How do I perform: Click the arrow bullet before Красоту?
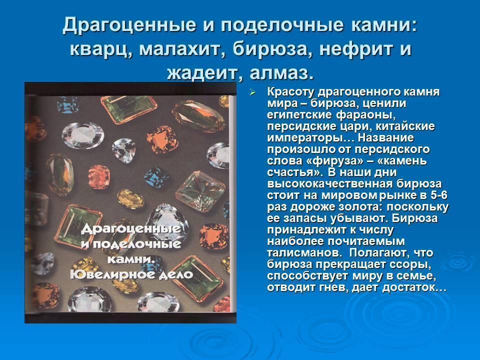(252, 92)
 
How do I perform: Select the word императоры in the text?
(310, 138)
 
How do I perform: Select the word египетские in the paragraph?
(299, 115)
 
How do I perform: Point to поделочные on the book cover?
(136, 244)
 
